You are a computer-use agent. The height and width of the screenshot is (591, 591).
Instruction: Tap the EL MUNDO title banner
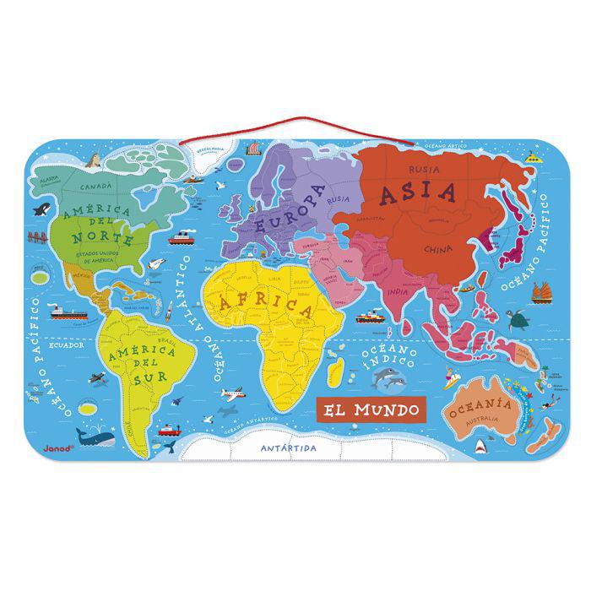click(x=368, y=411)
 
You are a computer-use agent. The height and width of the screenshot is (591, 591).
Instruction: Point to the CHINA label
click(x=439, y=249)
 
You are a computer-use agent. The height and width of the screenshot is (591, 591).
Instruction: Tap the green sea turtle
click(x=524, y=319)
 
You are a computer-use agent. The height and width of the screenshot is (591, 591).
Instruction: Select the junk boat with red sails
click(x=540, y=291)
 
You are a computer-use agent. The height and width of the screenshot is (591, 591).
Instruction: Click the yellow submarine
click(x=531, y=157)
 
